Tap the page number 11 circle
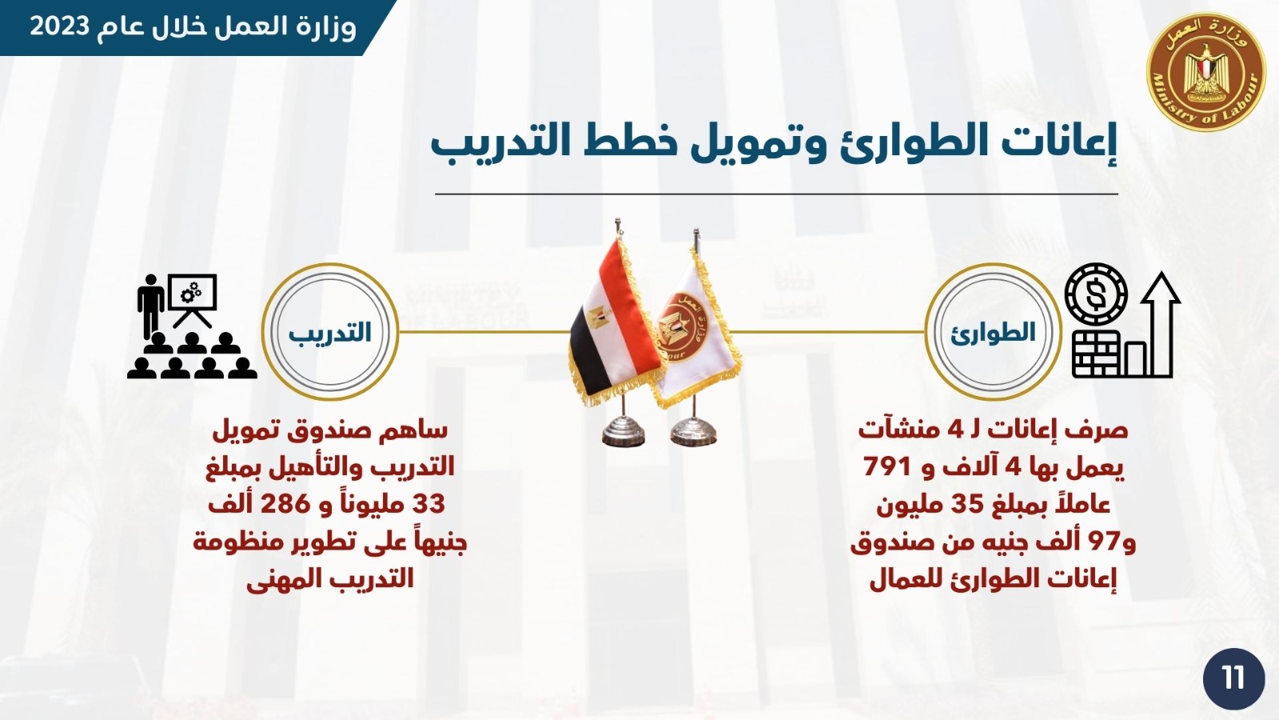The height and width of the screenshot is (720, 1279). click(1234, 679)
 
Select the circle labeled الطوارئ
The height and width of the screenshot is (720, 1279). click(993, 332)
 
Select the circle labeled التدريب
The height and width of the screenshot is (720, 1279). click(330, 332)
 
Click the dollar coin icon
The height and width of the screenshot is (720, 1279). click(1096, 293)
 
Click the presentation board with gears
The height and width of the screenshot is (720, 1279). click(193, 301)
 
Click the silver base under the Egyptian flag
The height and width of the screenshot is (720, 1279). click(623, 431)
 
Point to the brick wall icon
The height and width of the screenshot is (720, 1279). click(1097, 354)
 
